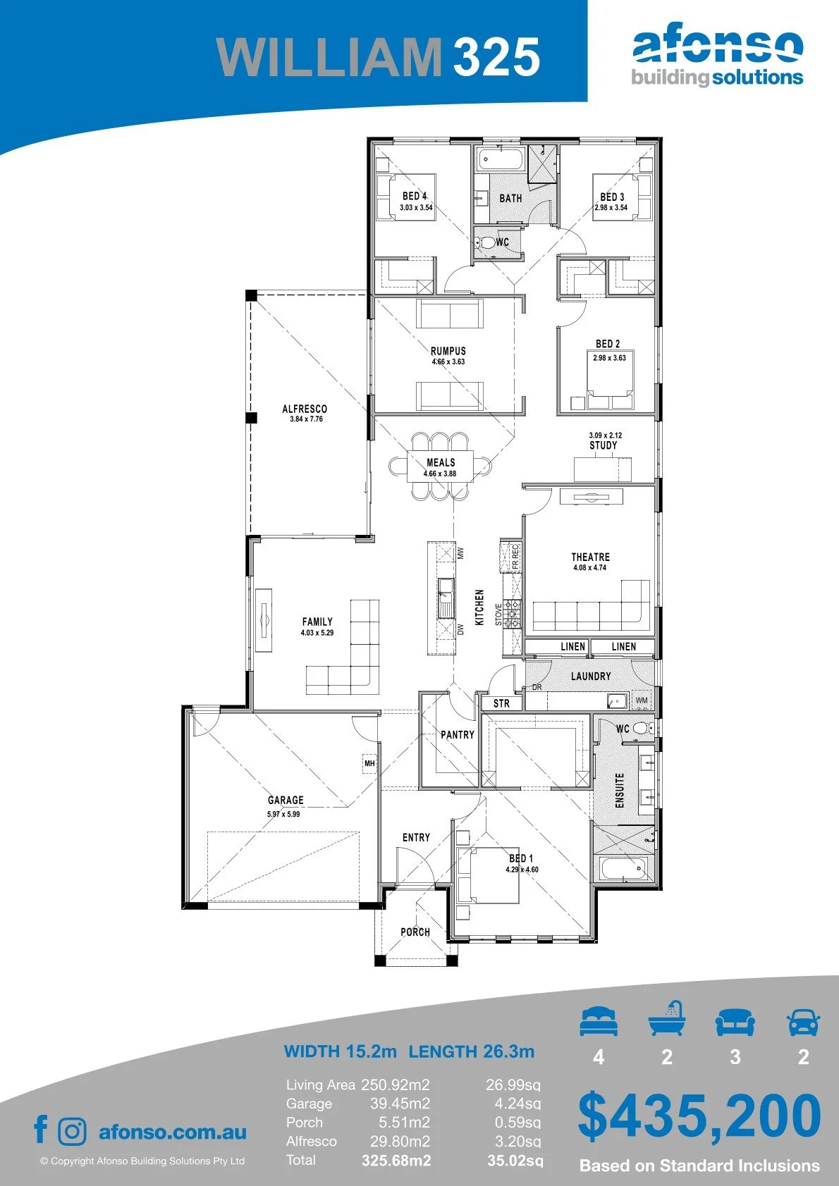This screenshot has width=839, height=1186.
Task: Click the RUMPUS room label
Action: pos(448,350)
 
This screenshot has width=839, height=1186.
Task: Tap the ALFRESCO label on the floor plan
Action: pos(305,409)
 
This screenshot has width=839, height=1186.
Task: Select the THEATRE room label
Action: pos(591,557)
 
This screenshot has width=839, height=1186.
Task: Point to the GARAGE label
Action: pos(286,800)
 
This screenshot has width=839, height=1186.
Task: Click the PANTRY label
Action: pos(458,734)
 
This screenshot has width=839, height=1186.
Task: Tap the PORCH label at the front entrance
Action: pos(415,932)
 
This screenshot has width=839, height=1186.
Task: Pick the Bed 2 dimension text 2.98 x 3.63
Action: pos(610,358)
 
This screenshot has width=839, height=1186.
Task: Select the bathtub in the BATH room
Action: pos(501,159)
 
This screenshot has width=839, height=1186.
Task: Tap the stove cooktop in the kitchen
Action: pos(512,614)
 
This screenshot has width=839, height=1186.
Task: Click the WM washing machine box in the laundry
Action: pos(642,700)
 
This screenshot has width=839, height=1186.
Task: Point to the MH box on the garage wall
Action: pos(369,763)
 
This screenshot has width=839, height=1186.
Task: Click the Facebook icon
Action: pos(41,1129)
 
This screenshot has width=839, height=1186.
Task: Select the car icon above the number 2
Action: pos(804,1021)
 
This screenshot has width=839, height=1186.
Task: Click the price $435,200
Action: pos(699,1116)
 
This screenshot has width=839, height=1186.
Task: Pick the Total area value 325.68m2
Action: pos(396,1161)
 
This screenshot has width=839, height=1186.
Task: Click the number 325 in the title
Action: pos(496,56)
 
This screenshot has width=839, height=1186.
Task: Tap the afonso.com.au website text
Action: pos(173,1132)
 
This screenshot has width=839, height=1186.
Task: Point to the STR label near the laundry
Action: pos(501,703)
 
